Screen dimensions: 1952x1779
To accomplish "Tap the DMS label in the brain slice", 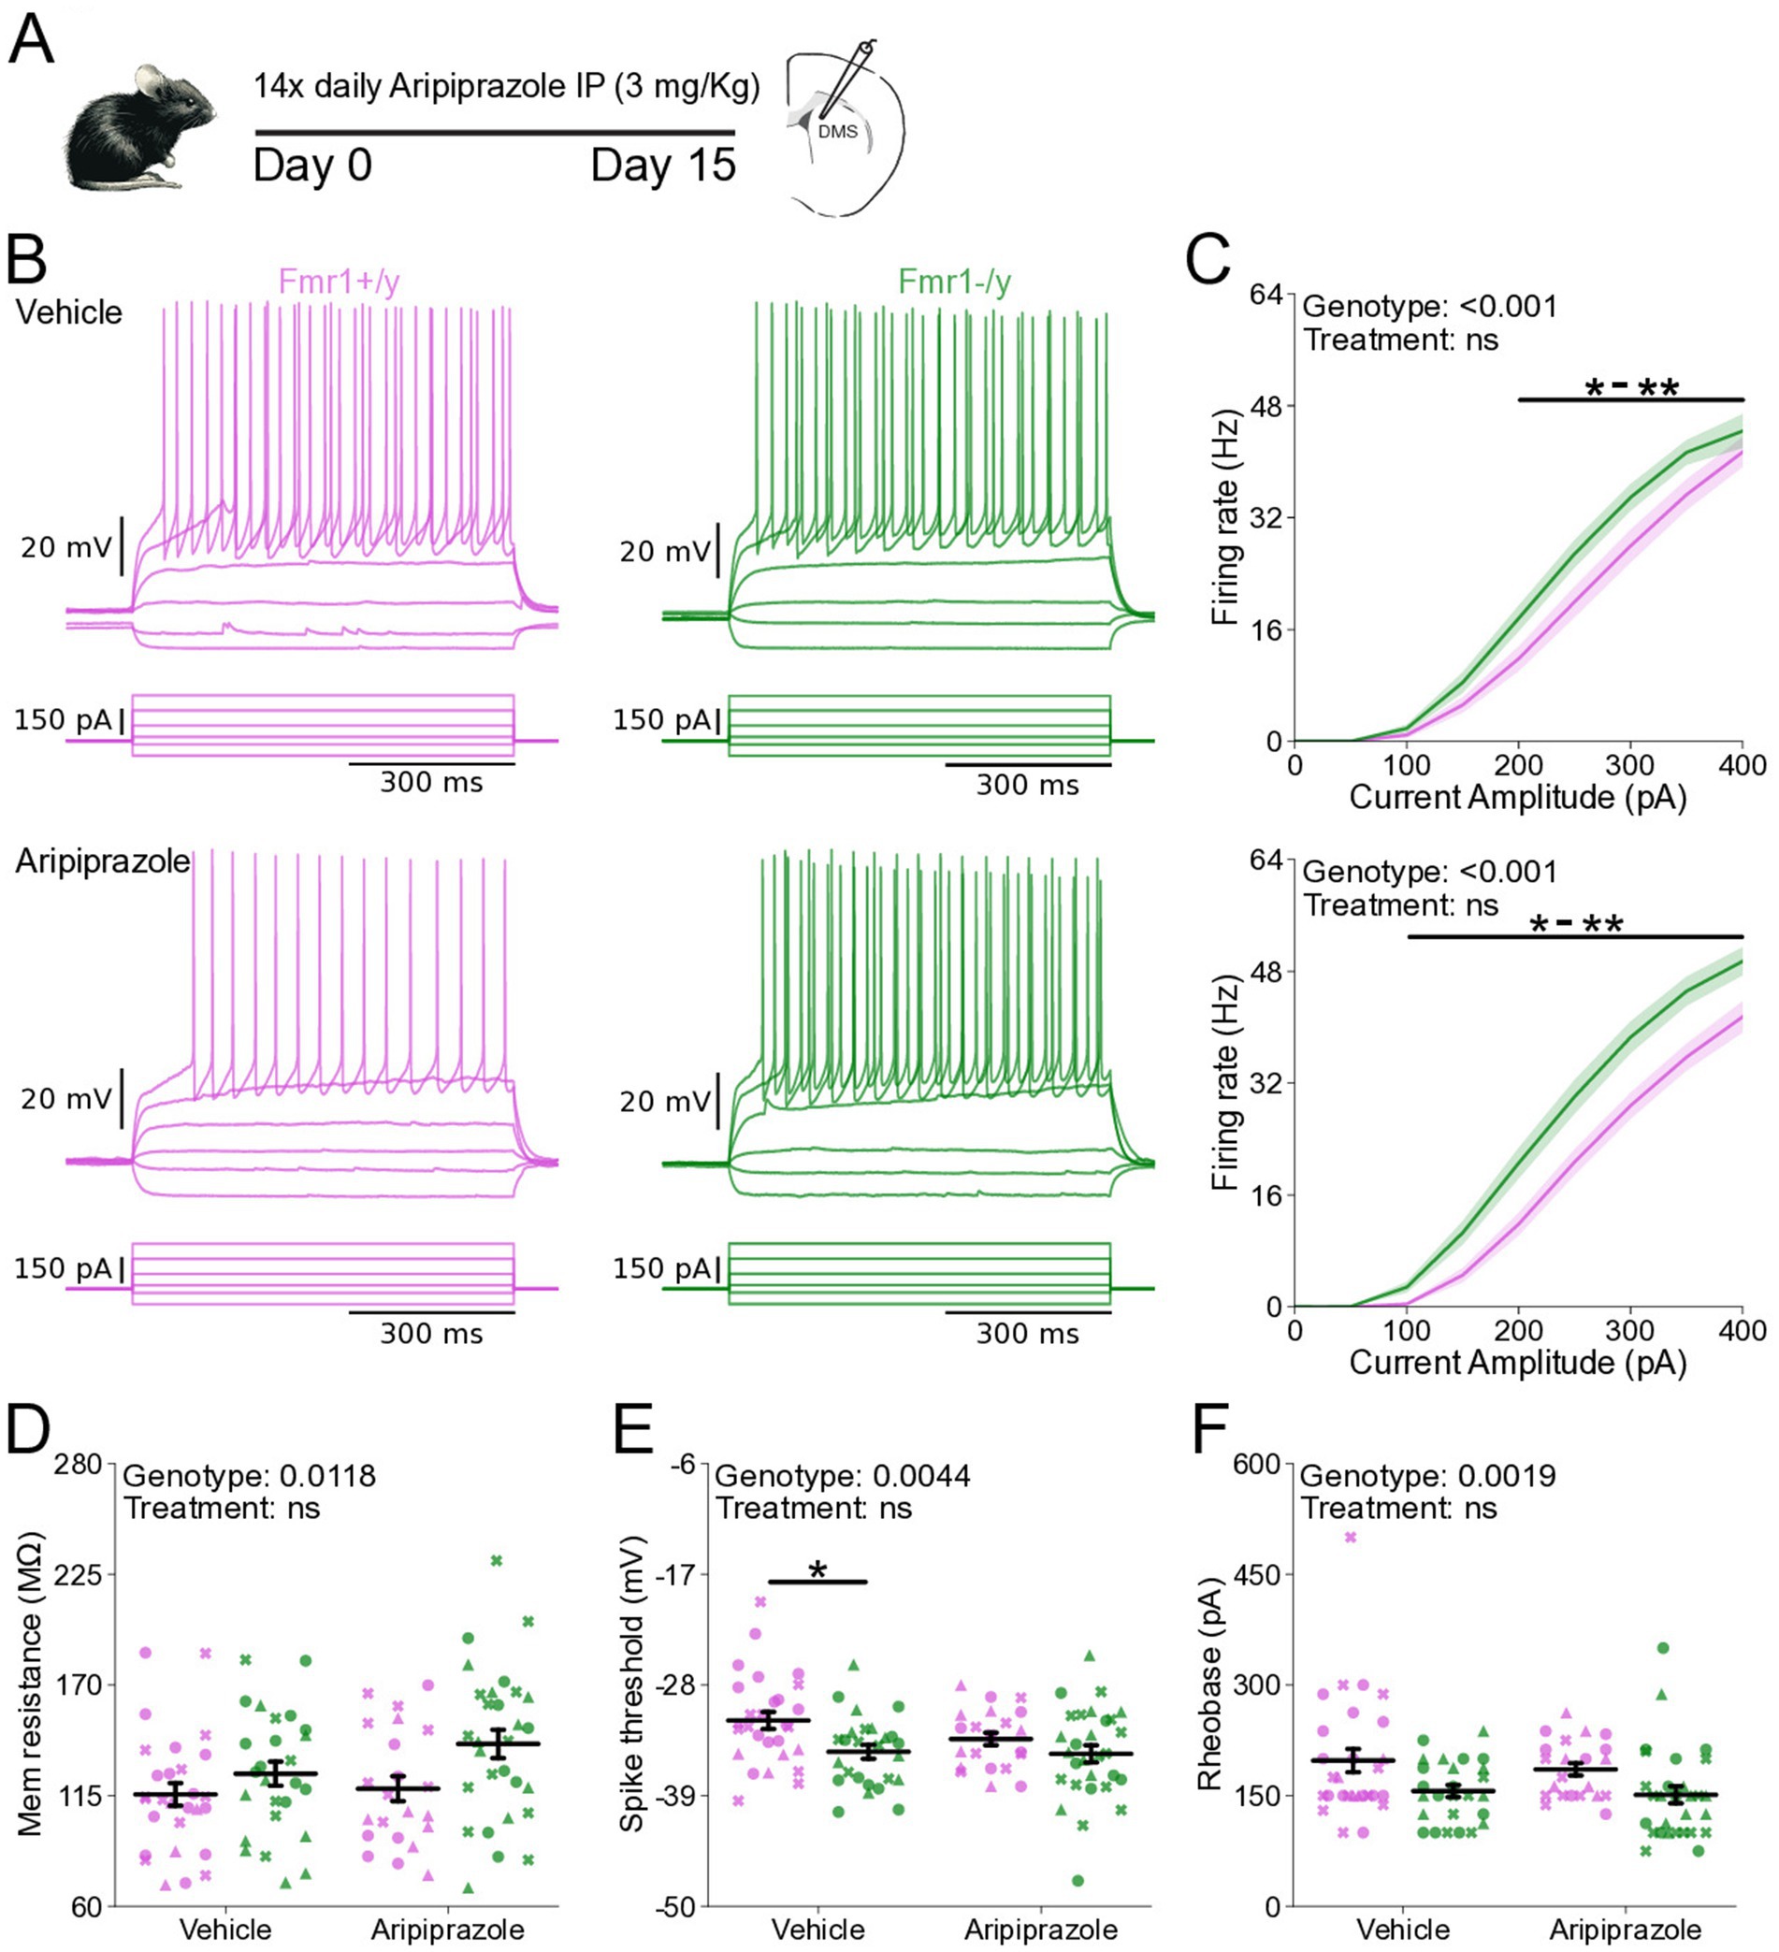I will click(838, 131).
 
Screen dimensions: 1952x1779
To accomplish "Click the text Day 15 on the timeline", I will click(663, 166).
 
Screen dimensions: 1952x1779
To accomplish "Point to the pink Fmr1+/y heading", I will click(339, 281).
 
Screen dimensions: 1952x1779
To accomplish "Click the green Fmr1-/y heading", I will click(954, 281).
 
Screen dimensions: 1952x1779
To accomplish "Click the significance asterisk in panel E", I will click(818, 1570).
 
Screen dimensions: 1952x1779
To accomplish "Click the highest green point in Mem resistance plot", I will click(497, 1560).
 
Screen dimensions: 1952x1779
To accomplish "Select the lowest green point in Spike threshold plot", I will click(1078, 1880).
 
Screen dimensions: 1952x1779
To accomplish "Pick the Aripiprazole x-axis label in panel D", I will click(447, 1929).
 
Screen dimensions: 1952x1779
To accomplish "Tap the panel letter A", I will click(31, 40).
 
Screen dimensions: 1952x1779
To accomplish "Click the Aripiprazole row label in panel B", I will click(103, 860).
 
